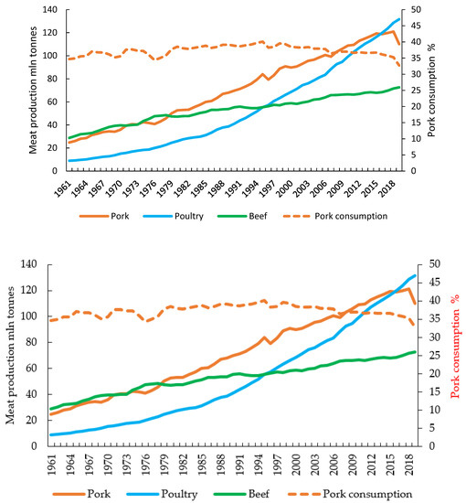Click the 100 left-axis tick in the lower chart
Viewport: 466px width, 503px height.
[x=45, y=316]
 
